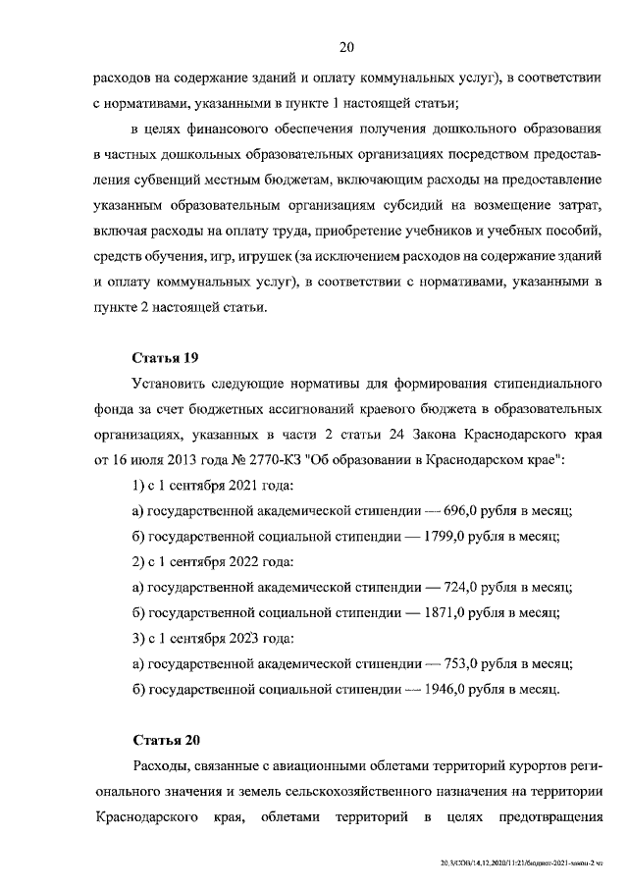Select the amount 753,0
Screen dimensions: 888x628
pyautogui.click(x=463, y=663)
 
